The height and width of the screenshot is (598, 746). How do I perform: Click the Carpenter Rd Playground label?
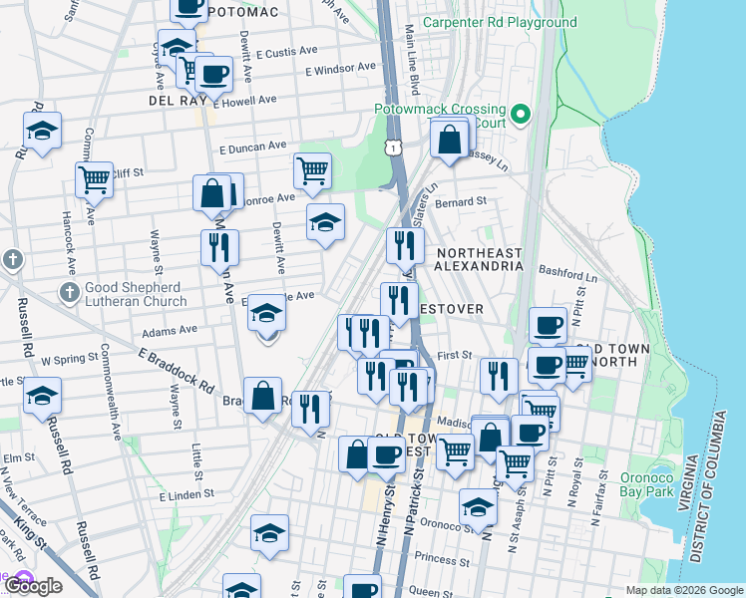(500, 22)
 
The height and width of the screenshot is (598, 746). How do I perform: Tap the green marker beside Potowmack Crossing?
(521, 115)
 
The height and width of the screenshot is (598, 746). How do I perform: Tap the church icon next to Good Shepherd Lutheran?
(69, 293)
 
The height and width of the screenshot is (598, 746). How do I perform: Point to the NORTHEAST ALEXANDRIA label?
(479, 259)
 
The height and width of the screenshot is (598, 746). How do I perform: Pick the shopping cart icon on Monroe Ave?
(312, 170)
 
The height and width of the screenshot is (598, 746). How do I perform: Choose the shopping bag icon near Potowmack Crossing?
(450, 140)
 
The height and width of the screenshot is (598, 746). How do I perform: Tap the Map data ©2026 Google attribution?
(683, 590)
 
